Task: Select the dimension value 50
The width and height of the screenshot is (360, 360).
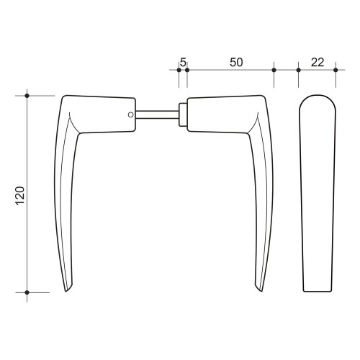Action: (x=236, y=62)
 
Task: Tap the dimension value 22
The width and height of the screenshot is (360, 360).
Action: (x=317, y=62)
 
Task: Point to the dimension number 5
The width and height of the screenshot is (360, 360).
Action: (x=183, y=62)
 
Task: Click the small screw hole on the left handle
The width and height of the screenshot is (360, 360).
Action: (x=130, y=114)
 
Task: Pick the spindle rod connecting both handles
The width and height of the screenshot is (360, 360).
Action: (x=156, y=113)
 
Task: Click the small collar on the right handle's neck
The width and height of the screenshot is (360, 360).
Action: (x=183, y=113)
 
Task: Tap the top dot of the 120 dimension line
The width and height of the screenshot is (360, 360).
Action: (x=27, y=96)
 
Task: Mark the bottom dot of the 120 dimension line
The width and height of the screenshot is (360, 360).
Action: (x=27, y=292)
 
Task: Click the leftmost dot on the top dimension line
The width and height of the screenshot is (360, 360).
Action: (x=179, y=70)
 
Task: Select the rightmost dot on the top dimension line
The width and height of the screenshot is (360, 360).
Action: (x=335, y=70)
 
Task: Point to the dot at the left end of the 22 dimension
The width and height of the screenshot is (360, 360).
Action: (x=298, y=70)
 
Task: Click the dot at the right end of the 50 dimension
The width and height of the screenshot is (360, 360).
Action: (x=274, y=70)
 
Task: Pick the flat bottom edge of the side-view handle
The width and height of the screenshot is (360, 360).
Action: (x=317, y=292)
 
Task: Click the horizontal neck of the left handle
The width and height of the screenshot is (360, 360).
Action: (x=101, y=113)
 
